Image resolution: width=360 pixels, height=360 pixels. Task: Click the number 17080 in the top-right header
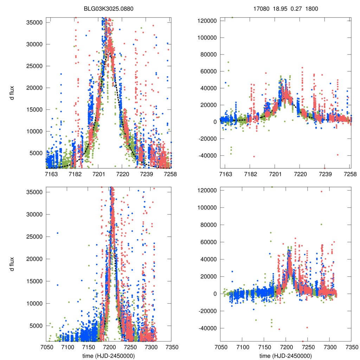pos(260,9)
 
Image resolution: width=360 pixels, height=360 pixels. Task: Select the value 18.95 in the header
pos(279,9)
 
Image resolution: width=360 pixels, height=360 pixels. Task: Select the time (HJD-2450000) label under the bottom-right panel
pos(285,356)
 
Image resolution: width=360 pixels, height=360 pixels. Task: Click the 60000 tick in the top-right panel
pos(208,71)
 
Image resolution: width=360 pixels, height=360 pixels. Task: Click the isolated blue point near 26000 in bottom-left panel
pos(58,233)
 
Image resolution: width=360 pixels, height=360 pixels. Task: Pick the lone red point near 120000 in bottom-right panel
pos(321,192)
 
